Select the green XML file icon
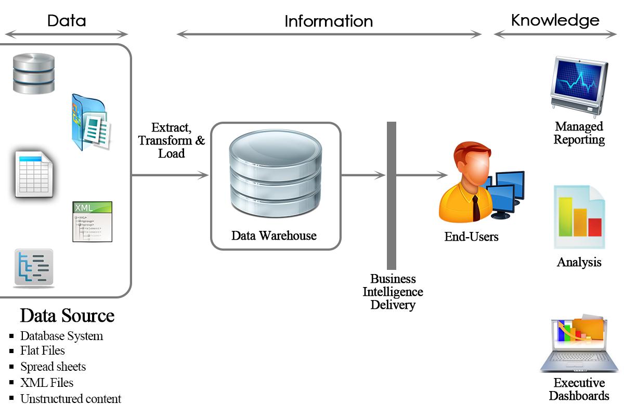[x=92, y=222]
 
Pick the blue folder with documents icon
[x=90, y=122]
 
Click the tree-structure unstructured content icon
[x=33, y=267]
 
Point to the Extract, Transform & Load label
[x=171, y=140]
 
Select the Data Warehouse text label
[x=274, y=236]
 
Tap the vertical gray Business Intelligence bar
[x=392, y=195]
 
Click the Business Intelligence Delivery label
[x=393, y=292]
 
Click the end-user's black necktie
[x=475, y=208]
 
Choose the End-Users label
[x=471, y=237]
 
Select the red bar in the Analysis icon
[x=594, y=227]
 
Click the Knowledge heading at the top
[x=555, y=20]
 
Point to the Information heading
[x=329, y=21]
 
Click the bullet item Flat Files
[x=43, y=351]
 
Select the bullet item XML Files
[x=47, y=383]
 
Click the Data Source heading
[x=67, y=316]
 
